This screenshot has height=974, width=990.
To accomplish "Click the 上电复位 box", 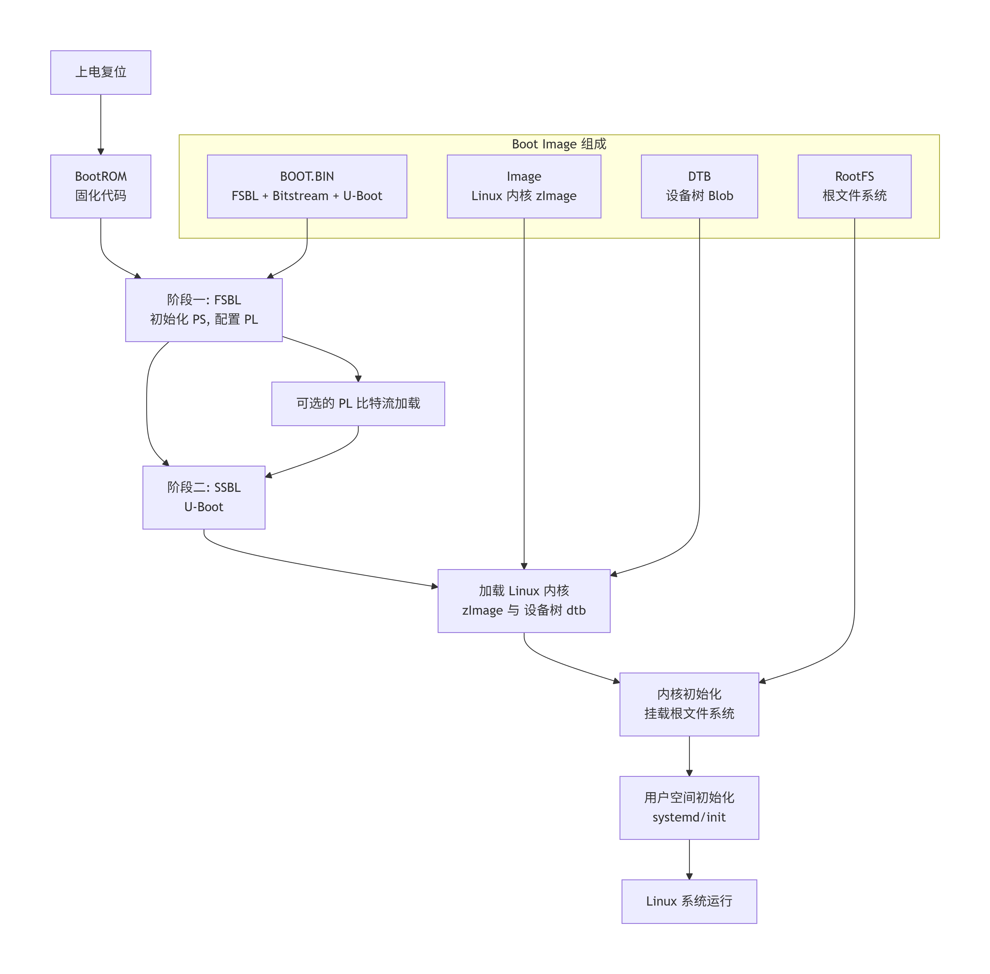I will (101, 72).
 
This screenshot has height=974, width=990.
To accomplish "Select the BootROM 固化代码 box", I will (101, 186).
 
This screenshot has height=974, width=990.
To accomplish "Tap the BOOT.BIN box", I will (307, 186).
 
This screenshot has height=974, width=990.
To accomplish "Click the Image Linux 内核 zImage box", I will (524, 186).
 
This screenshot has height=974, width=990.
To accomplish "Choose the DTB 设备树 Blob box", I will (699, 186).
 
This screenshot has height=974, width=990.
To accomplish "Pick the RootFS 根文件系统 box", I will (854, 186).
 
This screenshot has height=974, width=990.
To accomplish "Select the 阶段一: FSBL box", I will (204, 309).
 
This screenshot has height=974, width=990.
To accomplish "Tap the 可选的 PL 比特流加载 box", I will (358, 403).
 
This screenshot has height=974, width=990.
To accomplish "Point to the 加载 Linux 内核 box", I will (524, 601).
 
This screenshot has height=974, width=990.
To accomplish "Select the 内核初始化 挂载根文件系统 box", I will (689, 704).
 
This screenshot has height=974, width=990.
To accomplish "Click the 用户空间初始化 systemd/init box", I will (689, 807).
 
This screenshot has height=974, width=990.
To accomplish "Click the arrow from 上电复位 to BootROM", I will (101, 123).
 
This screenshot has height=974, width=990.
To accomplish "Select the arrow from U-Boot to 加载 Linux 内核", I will (317, 566).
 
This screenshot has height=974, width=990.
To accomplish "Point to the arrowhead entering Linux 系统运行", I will (689, 876).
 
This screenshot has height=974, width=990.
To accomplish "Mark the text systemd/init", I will (689, 817).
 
